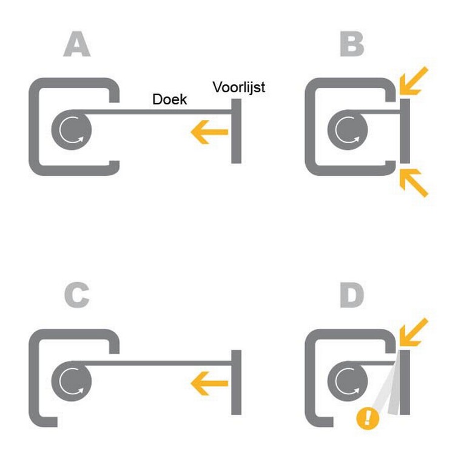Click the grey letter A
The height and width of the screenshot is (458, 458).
click(76, 45)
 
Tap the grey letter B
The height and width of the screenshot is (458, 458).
click(352, 45)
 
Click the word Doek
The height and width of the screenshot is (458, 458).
click(169, 99)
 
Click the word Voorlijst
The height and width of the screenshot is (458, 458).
click(238, 87)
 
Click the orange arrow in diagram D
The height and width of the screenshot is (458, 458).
click(415, 332)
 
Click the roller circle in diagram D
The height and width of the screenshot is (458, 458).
click(347, 381)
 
